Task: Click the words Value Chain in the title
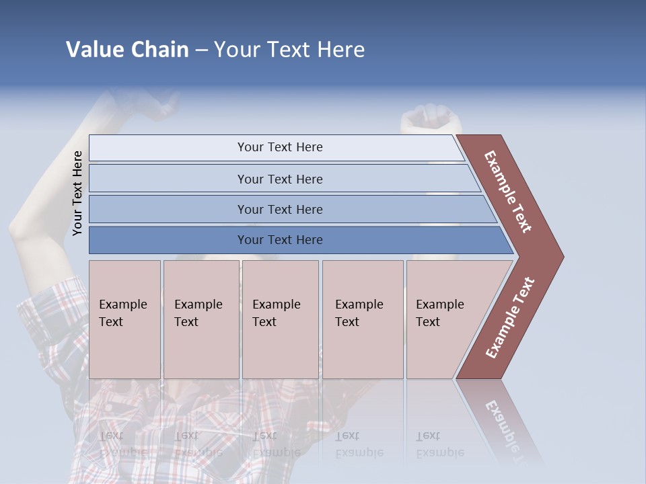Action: coord(127,49)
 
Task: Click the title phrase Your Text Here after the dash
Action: coord(289,49)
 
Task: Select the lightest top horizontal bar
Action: coord(276,147)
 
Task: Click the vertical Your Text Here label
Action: coord(77,193)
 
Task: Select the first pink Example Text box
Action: coord(124,319)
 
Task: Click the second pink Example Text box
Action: coord(201,319)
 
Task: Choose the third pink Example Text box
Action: coord(279,319)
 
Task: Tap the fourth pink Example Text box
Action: coord(362,319)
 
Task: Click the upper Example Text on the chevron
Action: coord(508,192)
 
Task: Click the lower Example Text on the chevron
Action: coord(510,318)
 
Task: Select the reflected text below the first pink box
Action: coord(122,444)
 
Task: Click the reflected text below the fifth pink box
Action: coord(439,444)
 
